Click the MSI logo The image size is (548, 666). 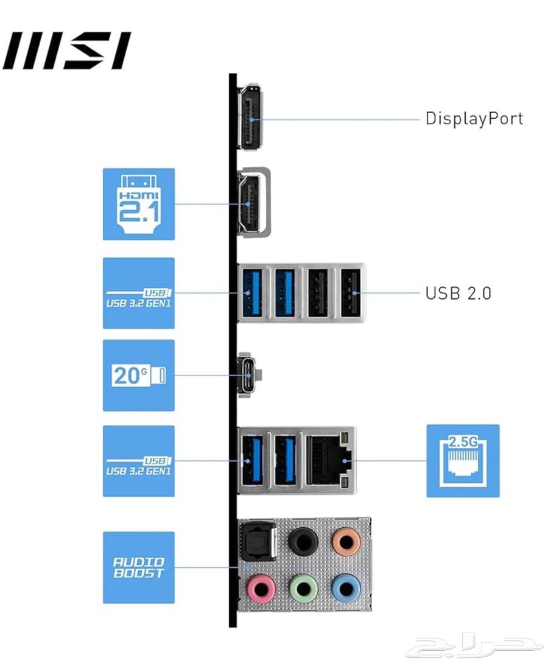[x=67, y=51]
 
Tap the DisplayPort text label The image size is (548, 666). [x=474, y=118]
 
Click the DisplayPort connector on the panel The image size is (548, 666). [x=250, y=119]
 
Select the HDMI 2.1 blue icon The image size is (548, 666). [x=139, y=204]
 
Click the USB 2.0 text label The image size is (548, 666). [x=458, y=293]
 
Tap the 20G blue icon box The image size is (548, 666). [x=139, y=375]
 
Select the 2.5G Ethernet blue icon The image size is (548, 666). [x=463, y=461]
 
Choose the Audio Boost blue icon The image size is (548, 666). [x=139, y=567]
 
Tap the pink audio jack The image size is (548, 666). [x=261, y=589]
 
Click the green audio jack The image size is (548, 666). [x=303, y=589]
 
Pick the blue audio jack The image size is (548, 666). [x=345, y=589]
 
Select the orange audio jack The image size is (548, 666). [x=345, y=541]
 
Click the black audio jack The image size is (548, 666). [x=303, y=541]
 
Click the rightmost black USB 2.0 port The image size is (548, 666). [x=350, y=293]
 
